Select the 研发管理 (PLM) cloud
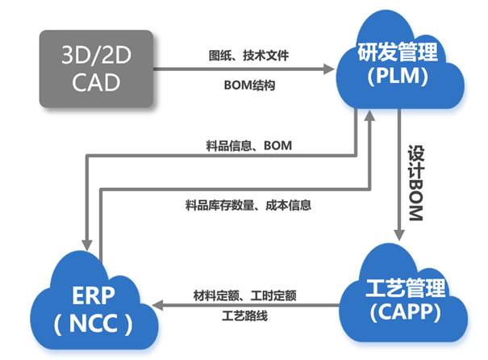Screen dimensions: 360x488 click(401, 65)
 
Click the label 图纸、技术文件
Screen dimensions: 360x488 click(248, 57)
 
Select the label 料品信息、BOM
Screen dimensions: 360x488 click(248, 145)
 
